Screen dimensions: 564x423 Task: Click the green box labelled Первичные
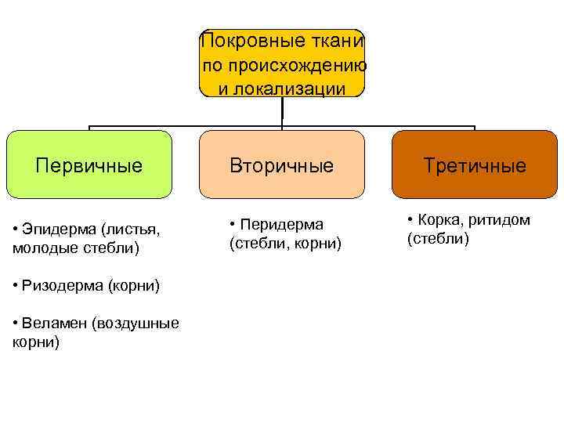pos(89,164)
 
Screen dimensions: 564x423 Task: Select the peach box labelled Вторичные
pos(281,164)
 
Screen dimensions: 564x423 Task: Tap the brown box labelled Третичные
pos(475,164)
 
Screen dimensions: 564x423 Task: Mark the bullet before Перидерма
pos(233,225)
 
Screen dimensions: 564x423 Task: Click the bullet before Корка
pos(411,220)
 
